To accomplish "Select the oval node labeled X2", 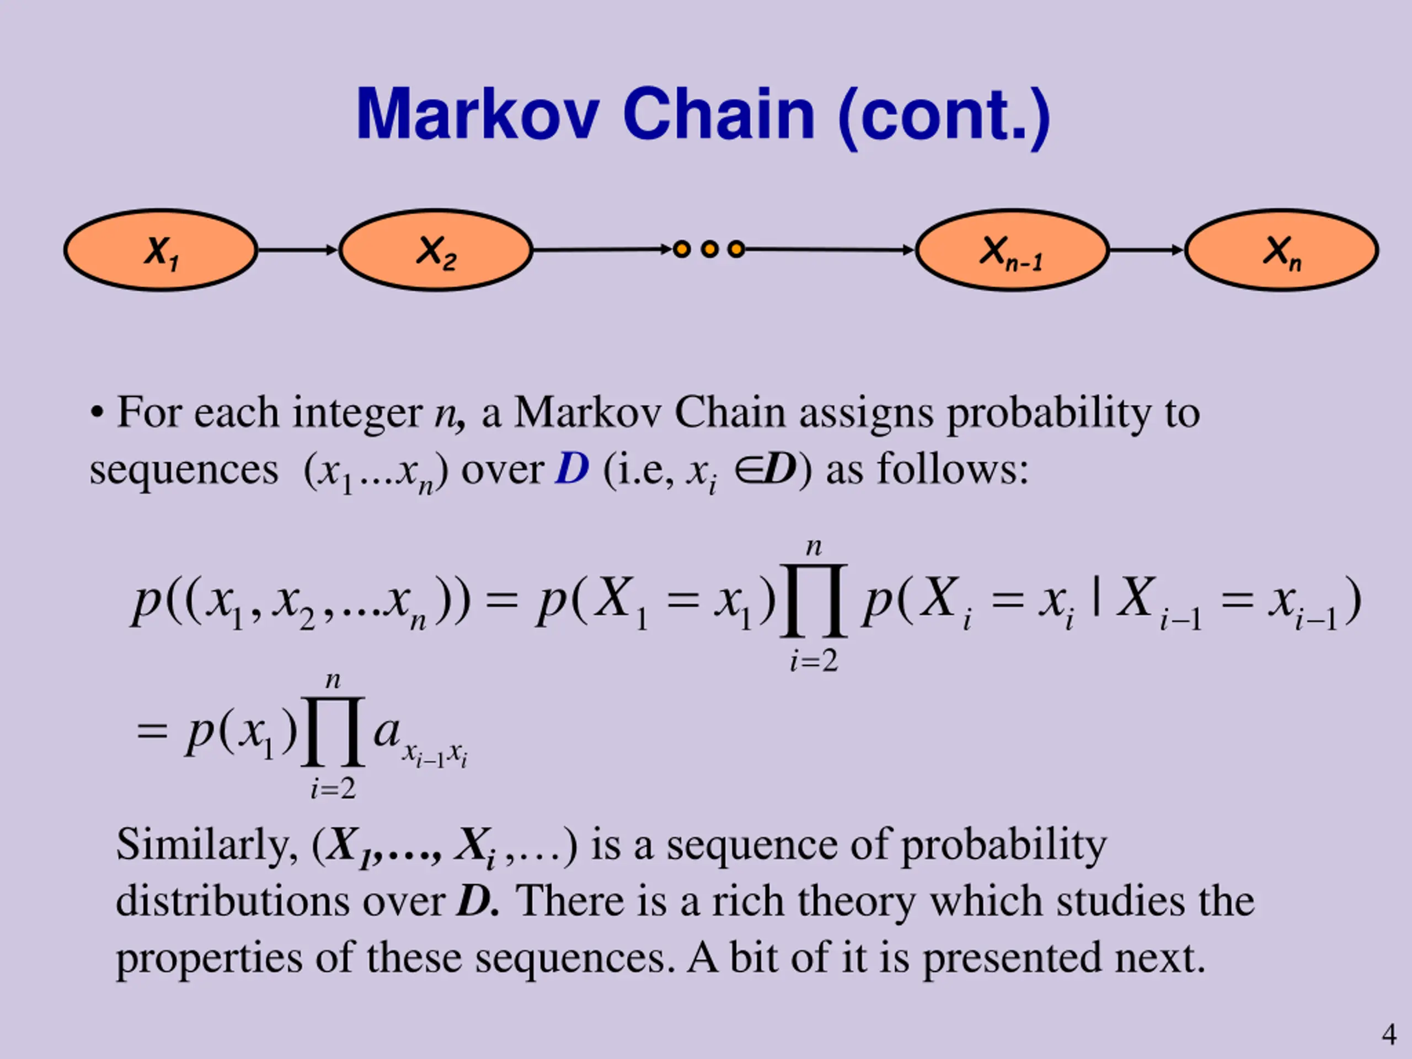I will coord(436,250).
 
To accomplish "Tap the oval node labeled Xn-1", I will coord(1012,250).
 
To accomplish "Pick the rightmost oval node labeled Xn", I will coord(1282,250).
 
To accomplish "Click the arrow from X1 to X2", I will coord(297,250).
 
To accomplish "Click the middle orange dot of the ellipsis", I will coord(709,249).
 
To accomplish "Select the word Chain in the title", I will coord(719,115).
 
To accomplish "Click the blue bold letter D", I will coord(571,469).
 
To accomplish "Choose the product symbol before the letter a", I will coord(333,731).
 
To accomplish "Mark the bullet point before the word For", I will coord(97,413).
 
